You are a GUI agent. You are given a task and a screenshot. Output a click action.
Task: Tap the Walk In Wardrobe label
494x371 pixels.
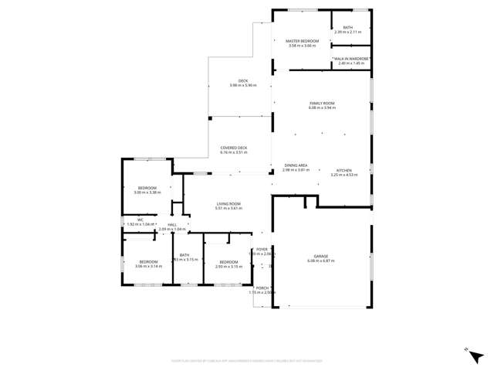click(350, 59)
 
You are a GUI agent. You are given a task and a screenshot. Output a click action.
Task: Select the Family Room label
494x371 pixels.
click(322, 103)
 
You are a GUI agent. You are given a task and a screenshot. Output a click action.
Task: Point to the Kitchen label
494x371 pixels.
click(343, 170)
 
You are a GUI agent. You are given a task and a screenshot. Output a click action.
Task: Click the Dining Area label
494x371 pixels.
click(296, 165)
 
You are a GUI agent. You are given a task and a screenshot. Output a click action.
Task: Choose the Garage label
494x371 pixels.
click(322, 257)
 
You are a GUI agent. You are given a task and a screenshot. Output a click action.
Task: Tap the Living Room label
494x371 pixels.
click(228, 204)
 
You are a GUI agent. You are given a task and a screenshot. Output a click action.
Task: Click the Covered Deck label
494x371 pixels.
click(233, 148)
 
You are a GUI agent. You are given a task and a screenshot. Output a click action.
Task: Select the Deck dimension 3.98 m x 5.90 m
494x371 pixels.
click(242, 85)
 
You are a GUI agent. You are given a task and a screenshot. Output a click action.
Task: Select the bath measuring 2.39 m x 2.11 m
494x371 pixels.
click(347, 32)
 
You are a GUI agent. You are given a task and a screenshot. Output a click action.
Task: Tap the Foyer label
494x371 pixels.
click(262, 250)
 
